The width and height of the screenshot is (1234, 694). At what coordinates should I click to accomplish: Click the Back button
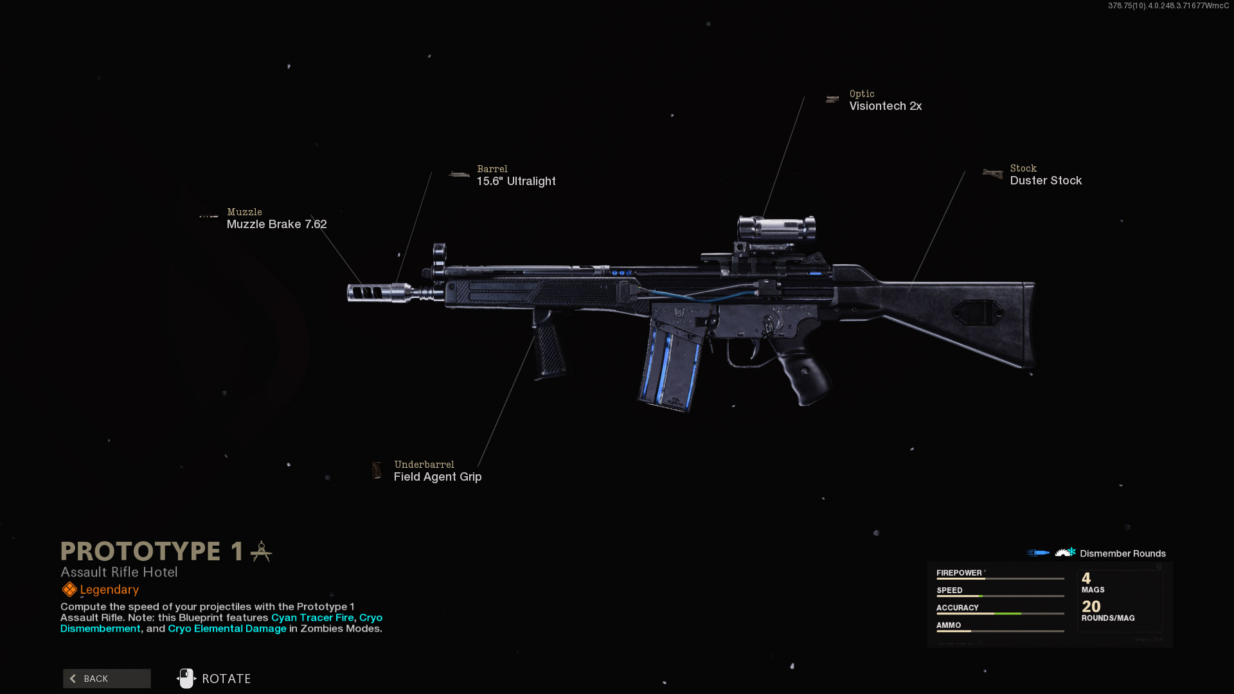pyautogui.click(x=107, y=679)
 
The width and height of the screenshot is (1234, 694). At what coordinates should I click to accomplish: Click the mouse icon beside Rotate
pyautogui.click(x=186, y=679)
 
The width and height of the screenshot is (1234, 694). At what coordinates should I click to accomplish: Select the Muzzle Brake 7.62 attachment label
pyautogui.click(x=276, y=224)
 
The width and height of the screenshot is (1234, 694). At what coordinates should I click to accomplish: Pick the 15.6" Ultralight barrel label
pyautogui.click(x=516, y=181)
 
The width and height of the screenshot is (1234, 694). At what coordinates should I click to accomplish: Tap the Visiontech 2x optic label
pyautogui.click(x=886, y=106)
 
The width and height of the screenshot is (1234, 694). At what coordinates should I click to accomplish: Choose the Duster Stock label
pyautogui.click(x=1046, y=181)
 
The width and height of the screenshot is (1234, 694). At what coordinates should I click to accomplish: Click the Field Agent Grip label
pyautogui.click(x=438, y=477)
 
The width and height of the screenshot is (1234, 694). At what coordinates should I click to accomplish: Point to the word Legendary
pyautogui.click(x=109, y=589)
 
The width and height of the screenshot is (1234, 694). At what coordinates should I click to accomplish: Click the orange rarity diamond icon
pyautogui.click(x=69, y=589)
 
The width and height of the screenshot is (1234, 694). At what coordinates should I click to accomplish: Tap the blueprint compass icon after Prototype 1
pyautogui.click(x=261, y=551)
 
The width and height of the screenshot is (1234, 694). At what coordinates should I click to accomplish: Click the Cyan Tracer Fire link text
pyautogui.click(x=312, y=618)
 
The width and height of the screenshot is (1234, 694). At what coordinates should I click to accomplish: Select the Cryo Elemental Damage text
pyautogui.click(x=227, y=628)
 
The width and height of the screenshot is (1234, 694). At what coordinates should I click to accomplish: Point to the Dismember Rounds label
pyautogui.click(x=1123, y=553)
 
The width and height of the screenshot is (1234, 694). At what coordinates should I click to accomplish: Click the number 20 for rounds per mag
pyautogui.click(x=1091, y=606)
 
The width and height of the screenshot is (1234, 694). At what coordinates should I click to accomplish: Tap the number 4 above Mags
pyautogui.click(x=1086, y=578)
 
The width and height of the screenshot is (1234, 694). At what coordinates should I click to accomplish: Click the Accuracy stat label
pyautogui.click(x=958, y=607)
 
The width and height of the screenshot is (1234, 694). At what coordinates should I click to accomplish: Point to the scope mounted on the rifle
pyautogui.click(x=776, y=228)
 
